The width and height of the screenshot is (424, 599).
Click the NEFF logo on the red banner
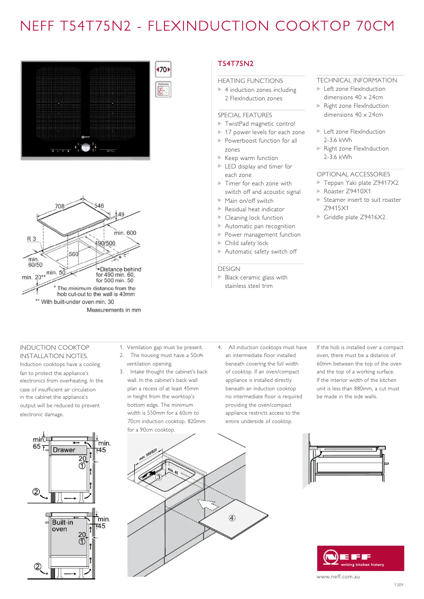pyautogui.click(x=348, y=557)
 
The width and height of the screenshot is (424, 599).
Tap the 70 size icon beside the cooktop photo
pyautogui.click(x=163, y=70)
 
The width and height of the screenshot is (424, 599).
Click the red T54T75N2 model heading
pyautogui.click(x=236, y=63)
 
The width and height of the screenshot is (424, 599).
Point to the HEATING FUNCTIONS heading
pyautogui.click(x=250, y=81)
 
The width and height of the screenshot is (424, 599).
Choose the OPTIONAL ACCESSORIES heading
pyautogui.click(x=353, y=174)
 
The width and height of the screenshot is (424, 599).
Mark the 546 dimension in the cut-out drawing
pyautogui.click(x=99, y=205)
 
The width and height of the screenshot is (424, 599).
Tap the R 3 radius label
pyautogui.click(x=32, y=239)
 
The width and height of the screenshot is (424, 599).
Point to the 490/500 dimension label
pyautogui.click(x=105, y=243)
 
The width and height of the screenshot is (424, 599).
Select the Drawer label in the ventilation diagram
pyautogui.click(x=64, y=450)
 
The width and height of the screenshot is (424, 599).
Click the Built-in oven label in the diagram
pyautogui.click(x=59, y=525)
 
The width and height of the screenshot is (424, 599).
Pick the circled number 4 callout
pyautogui.click(x=232, y=518)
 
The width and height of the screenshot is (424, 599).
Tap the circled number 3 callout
pyautogui.click(x=158, y=477)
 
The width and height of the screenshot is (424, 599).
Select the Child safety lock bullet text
pyautogui.click(x=246, y=243)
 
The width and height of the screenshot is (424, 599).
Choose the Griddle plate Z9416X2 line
pyautogui.click(x=354, y=217)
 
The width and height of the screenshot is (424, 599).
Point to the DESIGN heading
pyautogui.click(x=229, y=269)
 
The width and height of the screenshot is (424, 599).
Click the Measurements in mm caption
pyautogui.click(x=114, y=310)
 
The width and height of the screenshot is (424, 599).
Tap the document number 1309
pyautogui.click(x=399, y=585)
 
